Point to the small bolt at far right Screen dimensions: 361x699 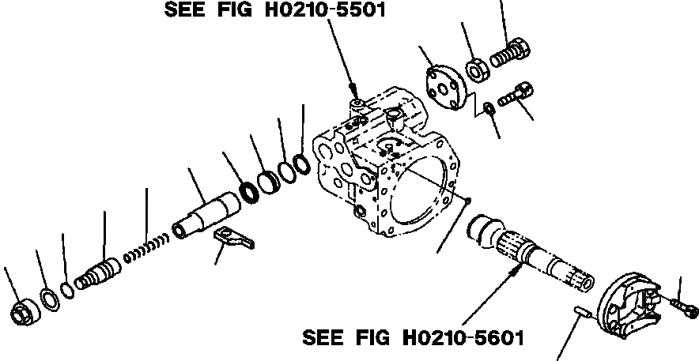point(682,305)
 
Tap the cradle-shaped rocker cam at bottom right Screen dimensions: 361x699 point(632,303)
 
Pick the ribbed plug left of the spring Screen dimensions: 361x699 point(96,273)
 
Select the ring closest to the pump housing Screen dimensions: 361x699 point(300,164)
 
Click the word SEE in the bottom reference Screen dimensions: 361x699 point(323,338)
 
